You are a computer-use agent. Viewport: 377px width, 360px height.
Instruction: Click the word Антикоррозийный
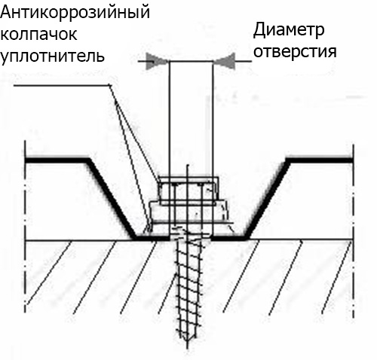(x=75, y=14)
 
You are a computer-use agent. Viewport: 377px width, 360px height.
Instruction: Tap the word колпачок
(x=38, y=34)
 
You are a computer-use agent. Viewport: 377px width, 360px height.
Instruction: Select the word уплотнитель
(x=52, y=56)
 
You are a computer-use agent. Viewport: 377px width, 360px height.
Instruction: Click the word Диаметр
(x=289, y=31)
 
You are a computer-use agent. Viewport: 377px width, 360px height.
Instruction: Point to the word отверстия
(x=295, y=52)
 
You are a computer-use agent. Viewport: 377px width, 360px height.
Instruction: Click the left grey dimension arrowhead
(x=157, y=61)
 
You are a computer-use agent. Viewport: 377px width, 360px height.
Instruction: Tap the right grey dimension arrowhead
(x=225, y=61)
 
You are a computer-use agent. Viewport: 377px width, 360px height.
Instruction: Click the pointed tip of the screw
(x=188, y=347)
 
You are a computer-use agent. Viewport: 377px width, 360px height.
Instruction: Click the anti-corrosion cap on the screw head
(x=188, y=191)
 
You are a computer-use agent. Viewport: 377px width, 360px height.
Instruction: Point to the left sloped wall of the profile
(x=112, y=199)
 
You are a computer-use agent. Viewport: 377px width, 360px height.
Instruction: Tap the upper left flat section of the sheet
(x=57, y=160)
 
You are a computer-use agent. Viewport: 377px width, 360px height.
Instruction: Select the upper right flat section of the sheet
(x=320, y=160)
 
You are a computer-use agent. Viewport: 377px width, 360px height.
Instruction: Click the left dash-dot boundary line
(x=25, y=227)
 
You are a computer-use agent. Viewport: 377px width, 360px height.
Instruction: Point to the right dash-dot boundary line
(x=354, y=231)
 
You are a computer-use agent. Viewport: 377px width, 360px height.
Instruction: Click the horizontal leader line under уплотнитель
(x=62, y=86)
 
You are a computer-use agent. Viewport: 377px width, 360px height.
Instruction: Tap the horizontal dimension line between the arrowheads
(x=191, y=61)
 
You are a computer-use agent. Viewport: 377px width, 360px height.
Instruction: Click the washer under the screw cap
(x=189, y=212)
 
